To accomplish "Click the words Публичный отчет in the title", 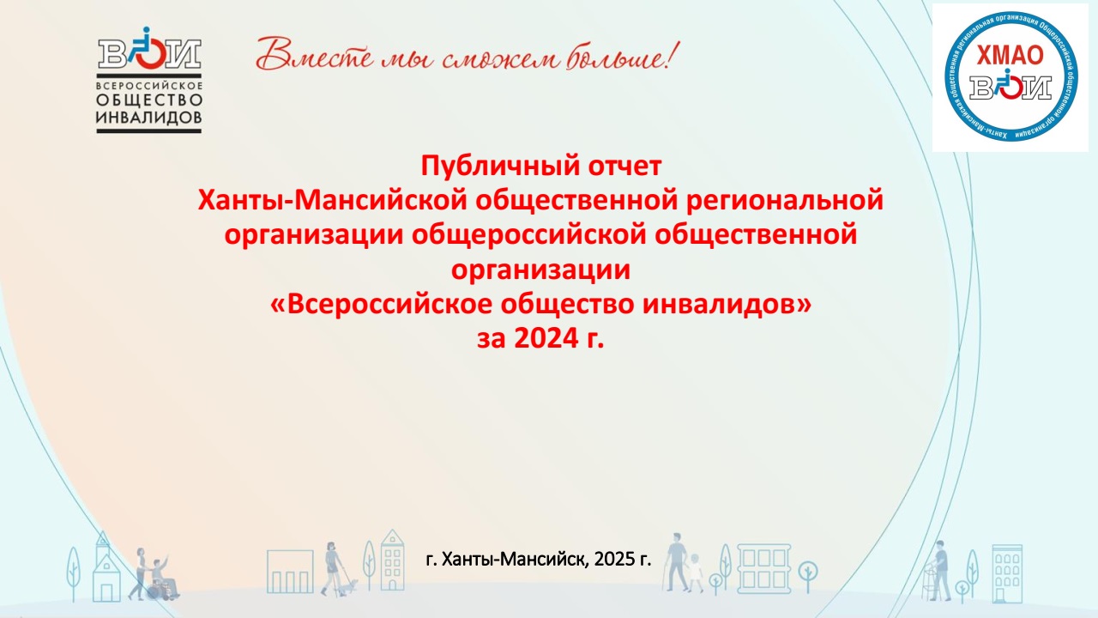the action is click(x=541, y=166).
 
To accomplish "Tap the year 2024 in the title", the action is click(x=546, y=338).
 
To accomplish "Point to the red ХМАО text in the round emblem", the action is click(x=1011, y=56).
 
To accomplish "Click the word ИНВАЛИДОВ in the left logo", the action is click(x=149, y=118).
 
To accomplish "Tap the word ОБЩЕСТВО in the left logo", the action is click(x=149, y=100).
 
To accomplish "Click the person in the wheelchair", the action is click(x=163, y=579).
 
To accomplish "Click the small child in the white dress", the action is click(x=696, y=573).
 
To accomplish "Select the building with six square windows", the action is click(x=763, y=569).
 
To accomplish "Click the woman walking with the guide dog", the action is click(x=331, y=568).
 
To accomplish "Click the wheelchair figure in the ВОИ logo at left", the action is click(x=146, y=48).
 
